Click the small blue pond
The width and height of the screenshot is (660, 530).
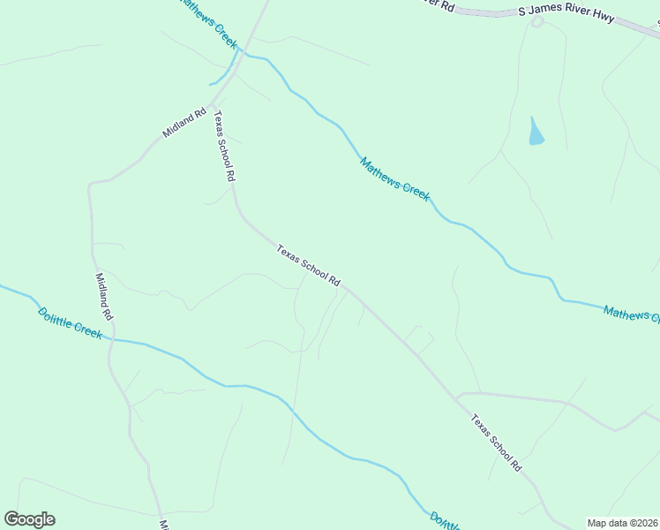tap(536, 132)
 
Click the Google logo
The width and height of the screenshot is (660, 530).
tap(29, 519)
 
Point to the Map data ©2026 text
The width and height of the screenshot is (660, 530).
tap(621, 523)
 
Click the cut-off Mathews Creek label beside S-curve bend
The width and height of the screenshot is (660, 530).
tap(631, 314)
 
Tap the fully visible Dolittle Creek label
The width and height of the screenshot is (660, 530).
tap(70, 322)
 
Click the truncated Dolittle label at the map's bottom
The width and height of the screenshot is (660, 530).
tap(446, 520)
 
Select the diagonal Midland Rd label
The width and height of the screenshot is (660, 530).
tap(184, 122)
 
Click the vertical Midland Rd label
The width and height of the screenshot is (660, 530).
tap(103, 296)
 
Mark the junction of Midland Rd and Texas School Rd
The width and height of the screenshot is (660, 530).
tap(212, 102)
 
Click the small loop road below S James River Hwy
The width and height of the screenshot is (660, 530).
tap(536, 21)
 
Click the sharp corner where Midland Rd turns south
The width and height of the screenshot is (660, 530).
tap(91, 185)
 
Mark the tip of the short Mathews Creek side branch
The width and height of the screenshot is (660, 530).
tap(210, 85)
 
